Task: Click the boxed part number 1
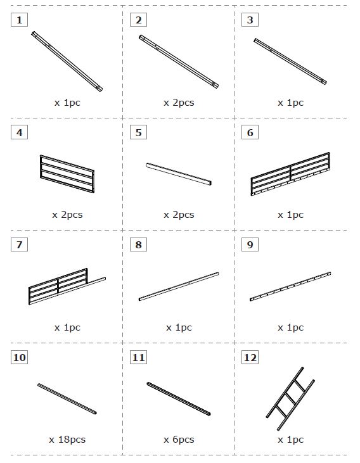[x=20, y=20]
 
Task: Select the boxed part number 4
[x=20, y=132]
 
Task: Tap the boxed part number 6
[x=250, y=132]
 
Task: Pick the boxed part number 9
[x=250, y=244]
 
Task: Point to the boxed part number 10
[x=20, y=357]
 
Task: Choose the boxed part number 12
[x=250, y=357]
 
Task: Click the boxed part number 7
[x=20, y=244]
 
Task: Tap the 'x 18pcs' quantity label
[x=67, y=440]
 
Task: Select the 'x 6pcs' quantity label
[x=179, y=440]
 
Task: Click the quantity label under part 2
[x=179, y=103]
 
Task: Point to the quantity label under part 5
[x=179, y=215]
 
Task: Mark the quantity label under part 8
[x=179, y=327]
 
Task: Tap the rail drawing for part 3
[x=290, y=61]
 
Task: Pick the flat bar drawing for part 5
[x=179, y=174]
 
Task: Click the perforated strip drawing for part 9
[x=290, y=286]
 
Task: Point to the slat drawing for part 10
[x=67, y=398]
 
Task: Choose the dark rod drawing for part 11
[x=179, y=398]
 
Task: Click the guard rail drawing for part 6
[x=290, y=174]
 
